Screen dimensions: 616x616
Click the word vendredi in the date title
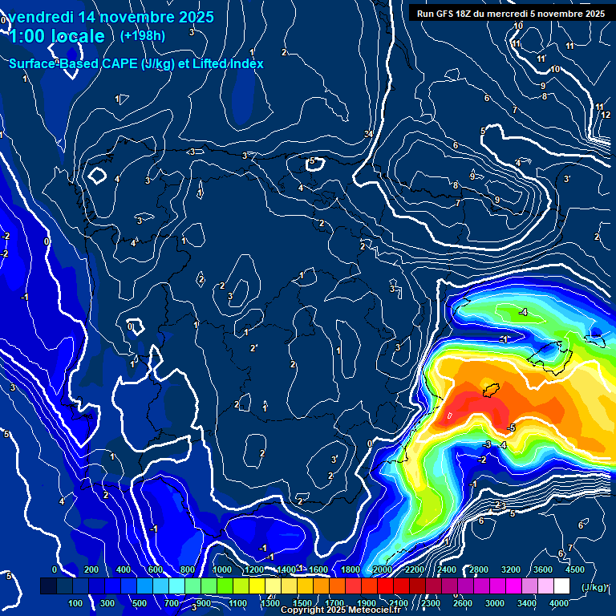coord(43,17)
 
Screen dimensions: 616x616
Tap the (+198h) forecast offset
coord(142,35)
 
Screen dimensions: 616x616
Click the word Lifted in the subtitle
coord(207,63)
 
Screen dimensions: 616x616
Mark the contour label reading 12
coord(606,115)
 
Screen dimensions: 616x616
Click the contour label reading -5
coord(512,428)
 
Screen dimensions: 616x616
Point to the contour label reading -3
coord(487,444)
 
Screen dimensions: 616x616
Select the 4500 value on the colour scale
coord(574,569)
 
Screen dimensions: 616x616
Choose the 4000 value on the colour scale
coord(559,603)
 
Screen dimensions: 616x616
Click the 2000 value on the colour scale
coord(383,569)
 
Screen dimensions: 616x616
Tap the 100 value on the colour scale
coord(76,603)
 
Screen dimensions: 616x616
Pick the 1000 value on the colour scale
coord(222,569)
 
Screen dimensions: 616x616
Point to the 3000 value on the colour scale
coord(494,603)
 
